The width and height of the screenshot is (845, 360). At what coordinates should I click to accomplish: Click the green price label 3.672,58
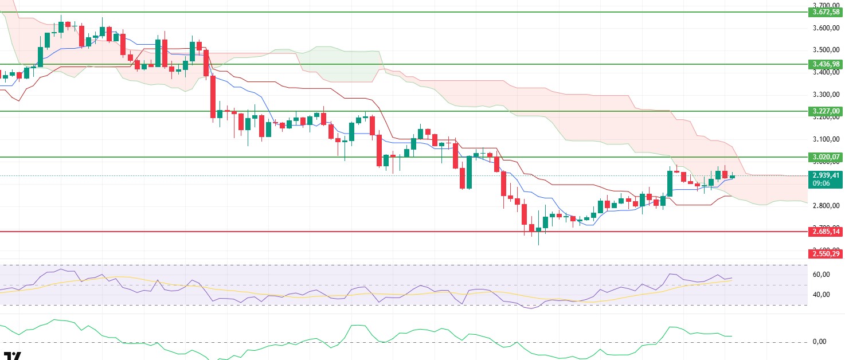click(824, 12)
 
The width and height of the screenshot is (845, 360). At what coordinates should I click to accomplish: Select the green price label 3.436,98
click(824, 64)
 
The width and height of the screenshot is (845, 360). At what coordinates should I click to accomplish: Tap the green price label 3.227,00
click(824, 111)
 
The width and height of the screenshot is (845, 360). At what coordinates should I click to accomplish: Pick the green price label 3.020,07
click(824, 156)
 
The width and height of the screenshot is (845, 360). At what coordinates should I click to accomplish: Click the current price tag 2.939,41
click(824, 175)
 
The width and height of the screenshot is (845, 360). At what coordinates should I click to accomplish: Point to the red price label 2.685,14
click(824, 232)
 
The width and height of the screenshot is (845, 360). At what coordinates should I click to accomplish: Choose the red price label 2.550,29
click(824, 253)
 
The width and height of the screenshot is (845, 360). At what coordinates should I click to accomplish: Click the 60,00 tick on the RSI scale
click(822, 275)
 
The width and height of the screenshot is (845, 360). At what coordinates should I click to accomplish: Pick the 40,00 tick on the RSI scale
click(822, 295)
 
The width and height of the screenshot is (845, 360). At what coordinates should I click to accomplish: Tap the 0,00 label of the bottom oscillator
click(820, 342)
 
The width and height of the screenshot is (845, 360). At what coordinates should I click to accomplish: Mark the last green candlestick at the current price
click(732, 177)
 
